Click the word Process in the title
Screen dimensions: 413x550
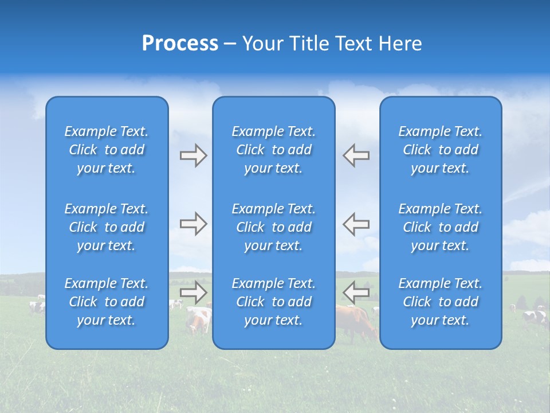pyautogui.click(x=180, y=43)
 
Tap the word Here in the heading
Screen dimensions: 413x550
pyautogui.click(x=400, y=43)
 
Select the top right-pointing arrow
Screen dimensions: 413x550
pyautogui.click(x=193, y=155)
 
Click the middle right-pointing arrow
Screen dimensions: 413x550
pyautogui.click(x=193, y=224)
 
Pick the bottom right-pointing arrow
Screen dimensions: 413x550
pyautogui.click(x=193, y=293)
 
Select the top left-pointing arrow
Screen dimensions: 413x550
pyautogui.click(x=356, y=155)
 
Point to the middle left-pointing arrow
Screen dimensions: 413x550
pyautogui.click(x=356, y=224)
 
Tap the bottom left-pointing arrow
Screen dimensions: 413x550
pyautogui.click(x=356, y=293)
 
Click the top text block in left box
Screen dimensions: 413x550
pyautogui.click(x=107, y=150)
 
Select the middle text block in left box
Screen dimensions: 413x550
pyautogui.click(x=107, y=227)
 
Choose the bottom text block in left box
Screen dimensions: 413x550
pyautogui.click(x=107, y=302)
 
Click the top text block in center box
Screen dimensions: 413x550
pyautogui.click(x=273, y=150)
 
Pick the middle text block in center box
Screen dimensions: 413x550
pyautogui.click(x=273, y=227)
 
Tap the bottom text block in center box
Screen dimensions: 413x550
pyautogui.click(x=273, y=302)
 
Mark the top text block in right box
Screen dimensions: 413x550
pyautogui.click(x=440, y=150)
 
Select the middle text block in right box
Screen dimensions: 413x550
pyautogui.click(x=440, y=227)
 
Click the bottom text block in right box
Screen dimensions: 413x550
pyautogui.click(x=440, y=302)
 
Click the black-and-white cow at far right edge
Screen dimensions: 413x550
pyautogui.click(x=536, y=316)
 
